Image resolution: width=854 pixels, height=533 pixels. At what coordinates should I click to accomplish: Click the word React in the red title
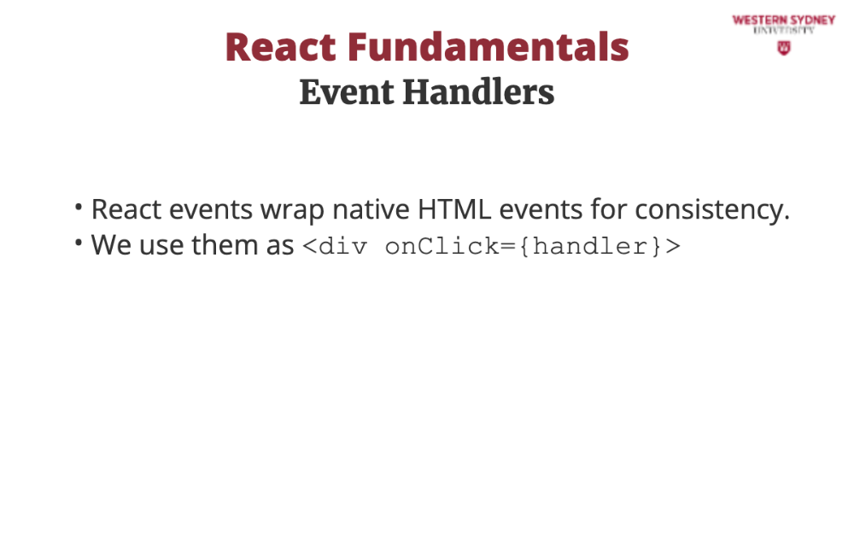281,48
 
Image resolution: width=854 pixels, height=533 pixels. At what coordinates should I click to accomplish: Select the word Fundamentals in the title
488,47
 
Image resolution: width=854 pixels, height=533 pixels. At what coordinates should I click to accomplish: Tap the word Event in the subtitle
347,92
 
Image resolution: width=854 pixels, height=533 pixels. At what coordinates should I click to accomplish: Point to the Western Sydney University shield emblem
784,49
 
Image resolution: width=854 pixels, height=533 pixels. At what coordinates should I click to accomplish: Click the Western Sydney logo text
784,20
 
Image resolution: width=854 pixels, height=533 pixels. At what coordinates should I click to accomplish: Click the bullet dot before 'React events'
79,207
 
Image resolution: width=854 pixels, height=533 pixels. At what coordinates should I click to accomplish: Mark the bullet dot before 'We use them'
79,243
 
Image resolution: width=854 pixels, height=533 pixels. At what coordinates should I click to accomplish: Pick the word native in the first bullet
371,209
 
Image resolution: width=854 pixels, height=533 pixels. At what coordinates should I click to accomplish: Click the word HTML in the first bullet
454,209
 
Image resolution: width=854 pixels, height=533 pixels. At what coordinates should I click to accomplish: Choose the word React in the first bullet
126,209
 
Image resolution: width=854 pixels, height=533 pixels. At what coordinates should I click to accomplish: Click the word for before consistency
610,208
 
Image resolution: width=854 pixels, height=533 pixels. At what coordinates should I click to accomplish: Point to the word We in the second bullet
111,244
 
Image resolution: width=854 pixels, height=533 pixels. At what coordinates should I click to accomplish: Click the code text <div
335,246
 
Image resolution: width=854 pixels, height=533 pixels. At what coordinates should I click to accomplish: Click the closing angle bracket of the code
673,246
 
